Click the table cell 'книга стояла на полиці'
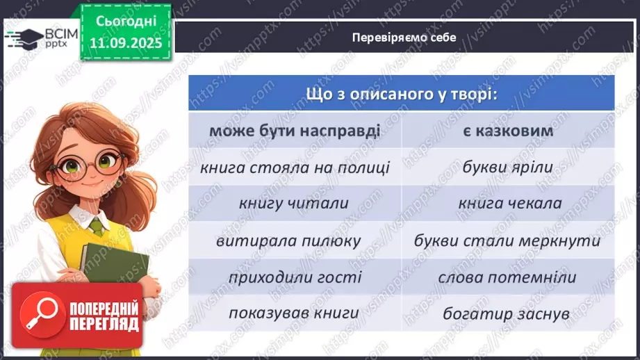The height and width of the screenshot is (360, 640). (295, 167)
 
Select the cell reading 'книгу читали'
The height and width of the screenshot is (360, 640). (295, 204)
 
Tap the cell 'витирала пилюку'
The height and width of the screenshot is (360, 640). (295, 240)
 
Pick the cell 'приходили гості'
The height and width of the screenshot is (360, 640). (295, 277)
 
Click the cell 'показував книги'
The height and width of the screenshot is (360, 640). (295, 313)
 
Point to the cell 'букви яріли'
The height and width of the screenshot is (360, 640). (507, 167)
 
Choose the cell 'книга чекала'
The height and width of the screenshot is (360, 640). (507, 204)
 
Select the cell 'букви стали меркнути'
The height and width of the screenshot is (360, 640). (507, 240)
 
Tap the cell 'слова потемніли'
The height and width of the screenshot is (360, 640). (507, 277)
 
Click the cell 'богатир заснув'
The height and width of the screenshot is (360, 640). (507, 313)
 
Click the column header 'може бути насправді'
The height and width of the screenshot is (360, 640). (295, 131)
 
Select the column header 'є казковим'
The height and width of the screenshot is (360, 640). (507, 131)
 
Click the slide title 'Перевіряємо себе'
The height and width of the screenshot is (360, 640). (404, 38)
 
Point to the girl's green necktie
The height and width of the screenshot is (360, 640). (95, 226)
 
